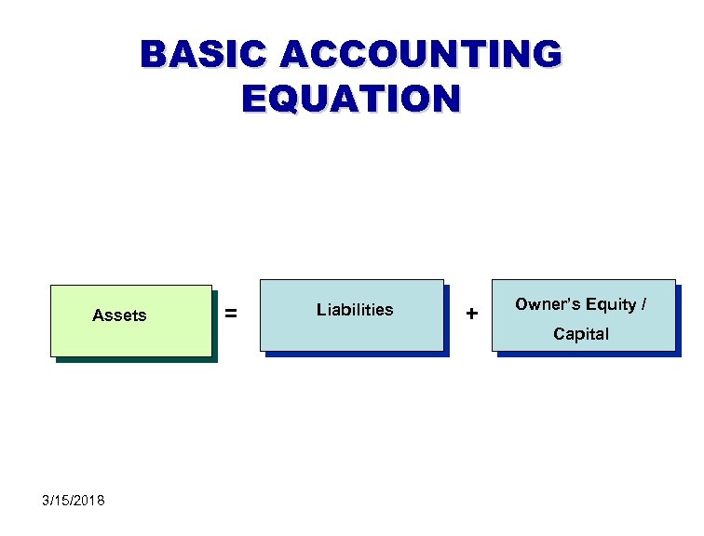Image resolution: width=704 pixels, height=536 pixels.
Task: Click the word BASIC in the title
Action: pos(203,55)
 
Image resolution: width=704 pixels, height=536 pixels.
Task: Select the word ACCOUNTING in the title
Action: pos(421,55)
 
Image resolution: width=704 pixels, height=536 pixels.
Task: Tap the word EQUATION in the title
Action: pos(351,98)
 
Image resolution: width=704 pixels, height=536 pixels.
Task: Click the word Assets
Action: pos(119,315)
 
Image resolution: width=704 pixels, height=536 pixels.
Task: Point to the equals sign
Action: pos(231,315)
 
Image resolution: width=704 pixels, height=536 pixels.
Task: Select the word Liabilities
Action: pos(355,310)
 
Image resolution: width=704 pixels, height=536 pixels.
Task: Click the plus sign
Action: pos(472,315)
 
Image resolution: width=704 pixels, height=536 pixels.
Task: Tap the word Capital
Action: pos(581,334)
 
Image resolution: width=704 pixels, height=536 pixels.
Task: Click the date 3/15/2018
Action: pos(74,501)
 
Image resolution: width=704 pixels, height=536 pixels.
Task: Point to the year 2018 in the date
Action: pos(89,501)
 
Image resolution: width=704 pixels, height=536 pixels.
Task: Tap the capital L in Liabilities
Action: pos(320,310)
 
